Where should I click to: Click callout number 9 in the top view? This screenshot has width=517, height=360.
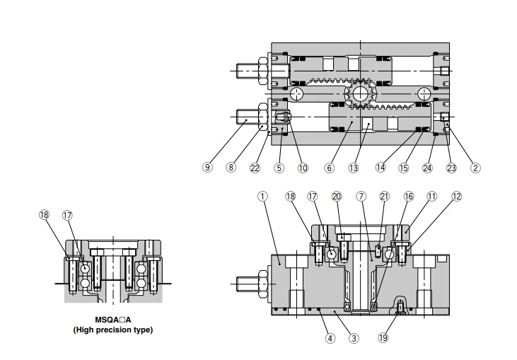pos(207,168)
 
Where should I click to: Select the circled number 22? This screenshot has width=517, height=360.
pos(255,168)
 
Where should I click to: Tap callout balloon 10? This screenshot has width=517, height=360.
pos(303,168)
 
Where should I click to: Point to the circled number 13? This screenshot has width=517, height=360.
pos(354,168)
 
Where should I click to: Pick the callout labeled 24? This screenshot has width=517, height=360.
pos(427,168)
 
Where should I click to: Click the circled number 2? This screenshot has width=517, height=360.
pos(475,168)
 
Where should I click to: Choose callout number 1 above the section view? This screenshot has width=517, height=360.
pos(263,196)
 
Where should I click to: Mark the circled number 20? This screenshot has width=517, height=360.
pos(337,196)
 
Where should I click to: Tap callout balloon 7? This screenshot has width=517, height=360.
pos(361,196)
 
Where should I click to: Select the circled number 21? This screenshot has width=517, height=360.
pos(385,196)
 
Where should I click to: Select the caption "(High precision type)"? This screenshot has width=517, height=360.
pos(113,330)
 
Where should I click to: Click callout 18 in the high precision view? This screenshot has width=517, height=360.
pos(45,215)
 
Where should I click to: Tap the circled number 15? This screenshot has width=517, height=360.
pos(403,168)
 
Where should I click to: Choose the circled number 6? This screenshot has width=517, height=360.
pos(330,168)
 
